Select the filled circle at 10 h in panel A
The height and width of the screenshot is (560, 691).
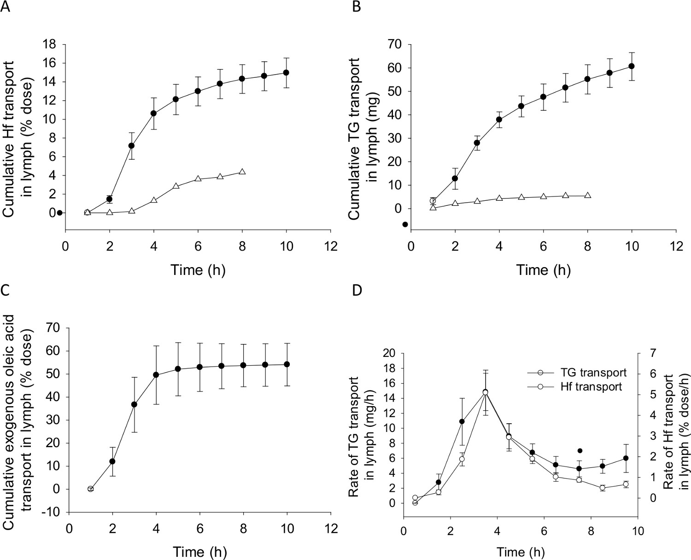point(286,73)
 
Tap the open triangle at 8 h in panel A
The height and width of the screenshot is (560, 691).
point(242,172)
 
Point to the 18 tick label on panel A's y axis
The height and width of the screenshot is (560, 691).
point(49,45)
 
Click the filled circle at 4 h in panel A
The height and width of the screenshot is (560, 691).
point(154,113)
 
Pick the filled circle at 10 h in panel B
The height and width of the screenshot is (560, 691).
point(632,66)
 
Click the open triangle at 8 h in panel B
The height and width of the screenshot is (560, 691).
point(587,195)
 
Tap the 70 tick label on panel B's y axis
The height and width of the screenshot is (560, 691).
point(395,45)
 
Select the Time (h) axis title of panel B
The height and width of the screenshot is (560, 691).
point(544,270)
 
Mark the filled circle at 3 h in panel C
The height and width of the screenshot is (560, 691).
point(134,404)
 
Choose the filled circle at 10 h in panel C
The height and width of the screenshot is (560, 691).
point(287,364)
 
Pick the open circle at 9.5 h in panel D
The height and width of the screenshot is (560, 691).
point(626,484)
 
